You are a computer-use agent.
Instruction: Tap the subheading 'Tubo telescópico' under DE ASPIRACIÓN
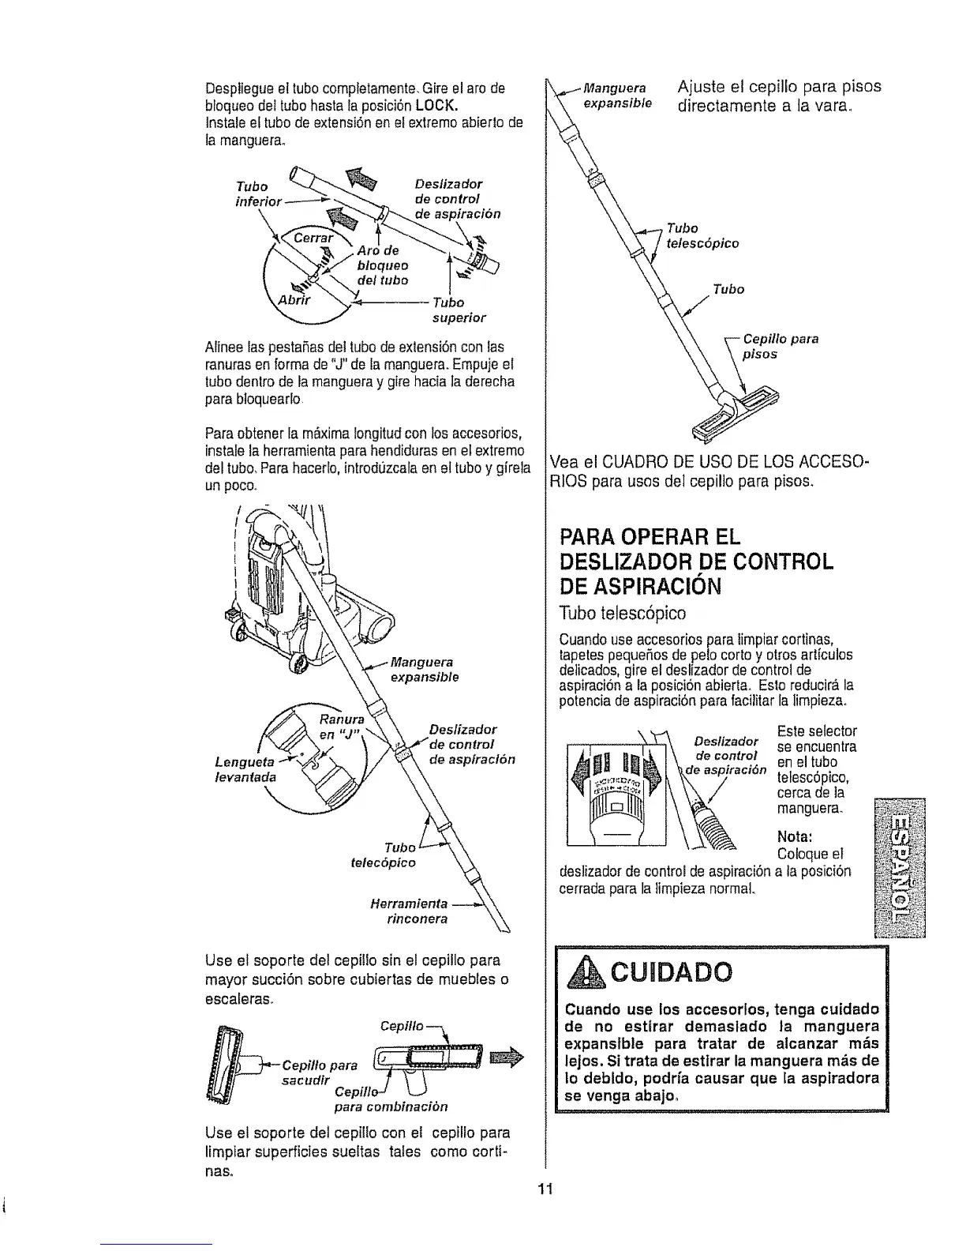tap(621, 613)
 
